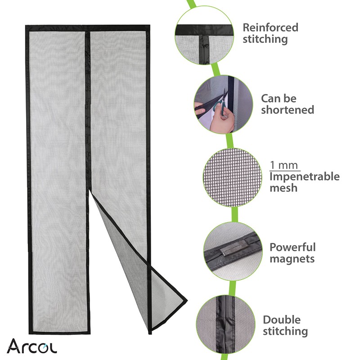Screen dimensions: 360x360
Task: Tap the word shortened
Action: click(x=288, y=109)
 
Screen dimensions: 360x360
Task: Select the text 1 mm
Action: click(x=285, y=165)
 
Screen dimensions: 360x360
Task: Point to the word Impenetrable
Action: click(x=305, y=176)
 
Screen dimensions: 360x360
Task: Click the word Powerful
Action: click(x=292, y=247)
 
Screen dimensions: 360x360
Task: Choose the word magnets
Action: click(x=292, y=259)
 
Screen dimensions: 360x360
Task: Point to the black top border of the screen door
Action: click(x=85, y=28)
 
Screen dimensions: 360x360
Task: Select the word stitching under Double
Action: click(x=285, y=332)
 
